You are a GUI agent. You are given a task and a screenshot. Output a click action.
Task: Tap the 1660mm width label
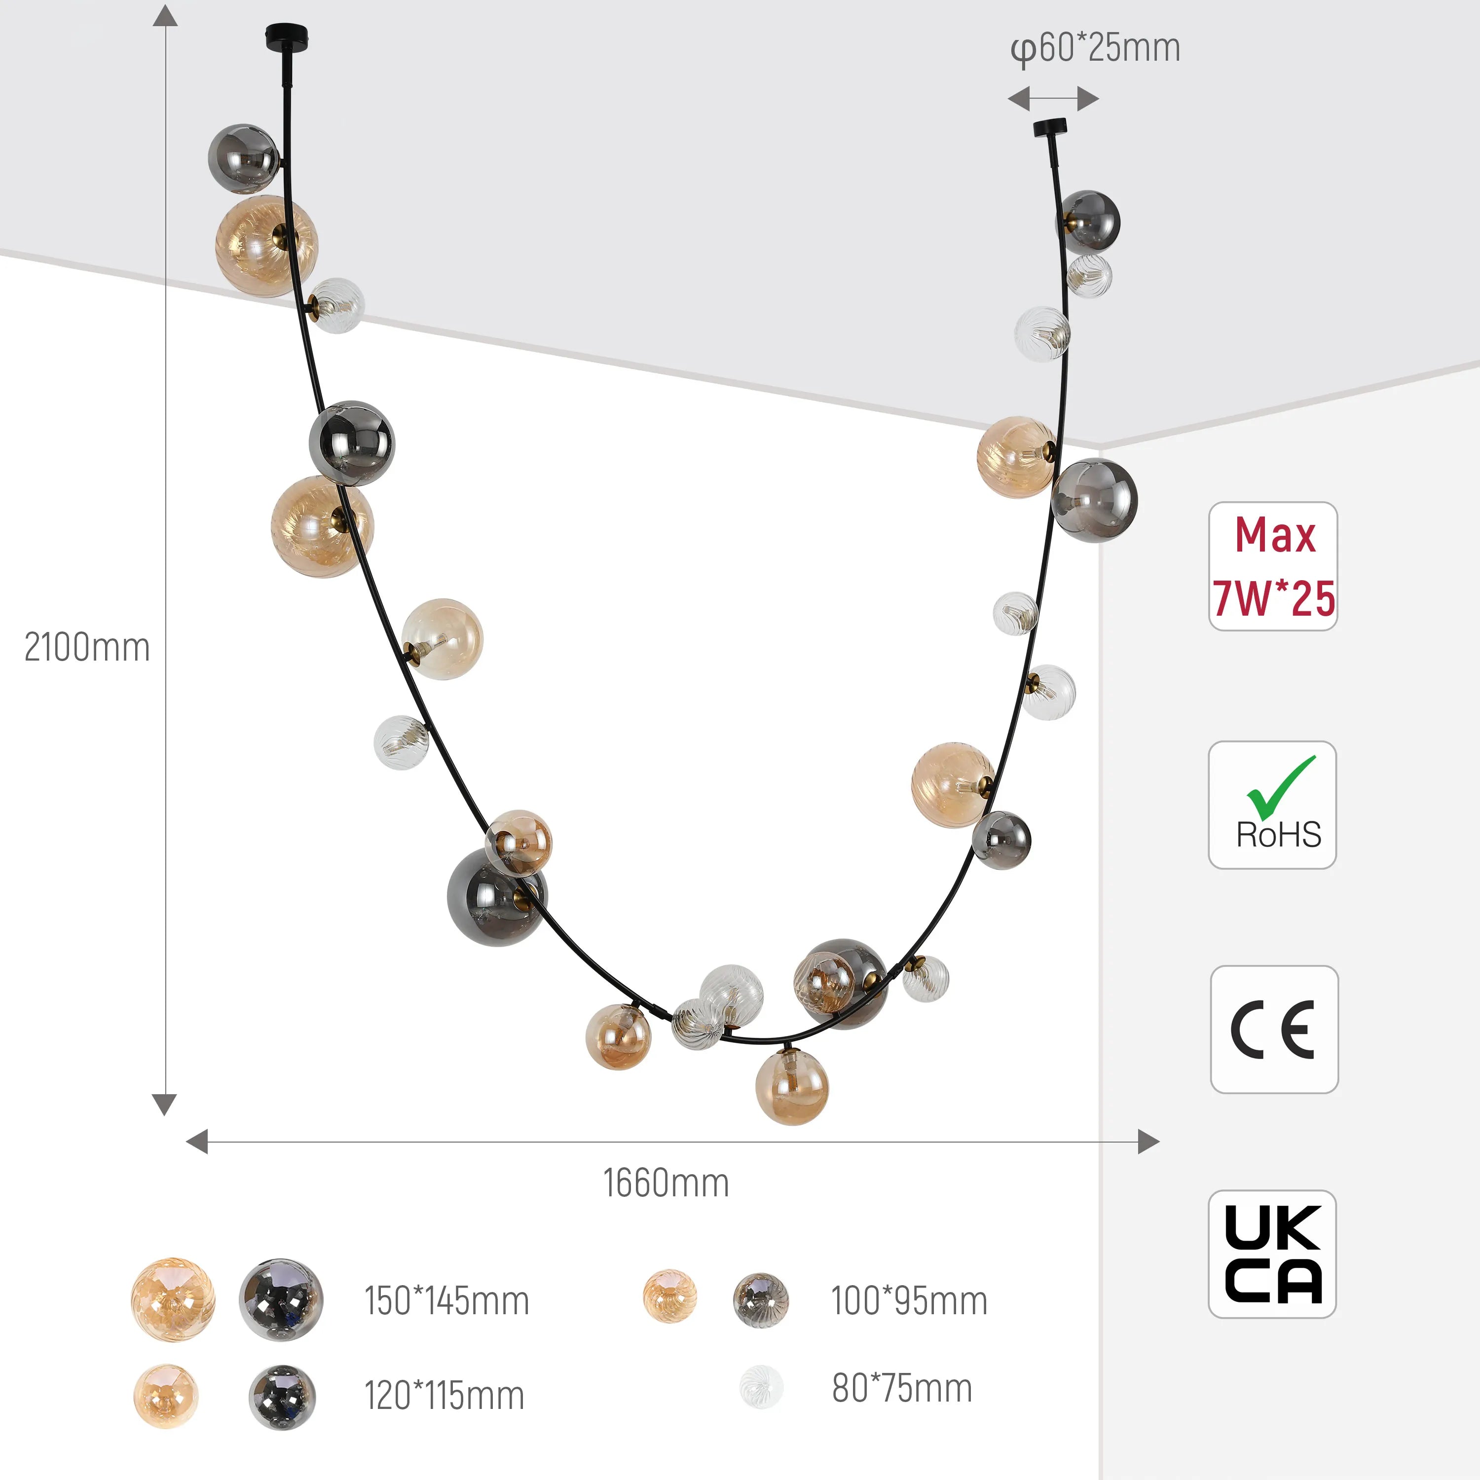pos(666,1183)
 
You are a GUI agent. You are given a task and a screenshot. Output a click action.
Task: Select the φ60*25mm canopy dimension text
pos(1095,48)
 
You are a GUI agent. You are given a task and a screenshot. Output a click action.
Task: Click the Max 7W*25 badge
pos(1273,566)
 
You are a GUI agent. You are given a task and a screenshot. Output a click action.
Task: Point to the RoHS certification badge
pos(1272,805)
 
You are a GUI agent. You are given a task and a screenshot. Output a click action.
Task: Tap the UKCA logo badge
pos(1272,1254)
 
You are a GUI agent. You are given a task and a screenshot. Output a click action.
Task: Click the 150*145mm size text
pos(446,1301)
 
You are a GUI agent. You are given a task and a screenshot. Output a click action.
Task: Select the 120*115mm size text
pos(444,1395)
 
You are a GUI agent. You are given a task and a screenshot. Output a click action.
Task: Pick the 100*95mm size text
pos(909,1301)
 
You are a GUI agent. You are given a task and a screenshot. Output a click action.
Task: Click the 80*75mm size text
pos(902,1388)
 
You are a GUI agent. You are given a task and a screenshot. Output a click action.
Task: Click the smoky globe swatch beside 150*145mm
pos(281,1299)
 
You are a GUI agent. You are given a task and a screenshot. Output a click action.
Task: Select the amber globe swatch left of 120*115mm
pos(165,1396)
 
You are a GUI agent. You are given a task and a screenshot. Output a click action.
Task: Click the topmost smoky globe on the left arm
pos(244,158)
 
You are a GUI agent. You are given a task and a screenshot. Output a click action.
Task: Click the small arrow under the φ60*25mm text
pos(1053,99)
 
